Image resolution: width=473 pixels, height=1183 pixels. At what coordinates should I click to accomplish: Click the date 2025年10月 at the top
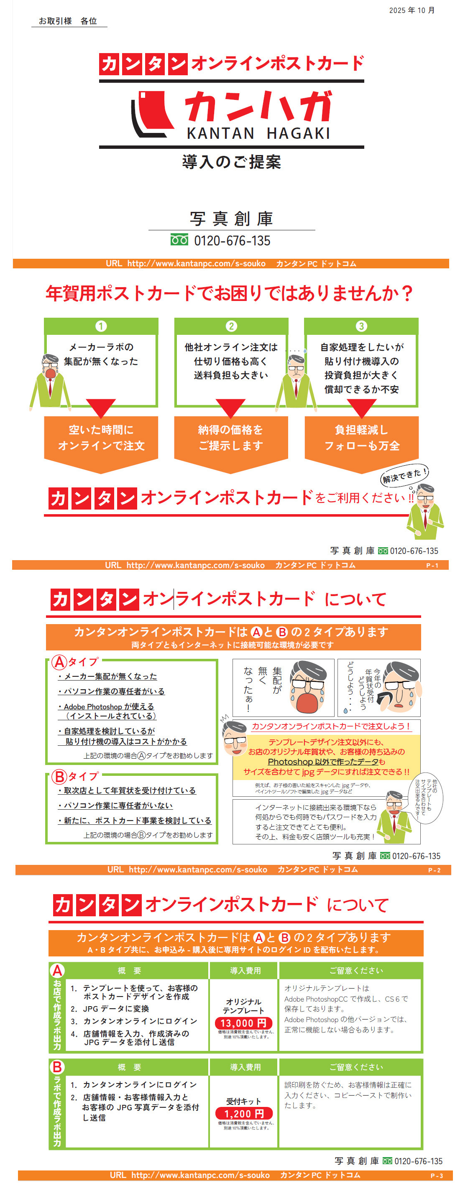[x=412, y=10]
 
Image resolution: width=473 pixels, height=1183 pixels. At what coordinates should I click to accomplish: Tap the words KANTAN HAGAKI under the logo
[x=258, y=133]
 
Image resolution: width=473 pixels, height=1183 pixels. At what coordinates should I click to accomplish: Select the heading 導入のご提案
[x=232, y=162]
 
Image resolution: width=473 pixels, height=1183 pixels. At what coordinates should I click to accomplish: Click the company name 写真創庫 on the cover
[x=232, y=219]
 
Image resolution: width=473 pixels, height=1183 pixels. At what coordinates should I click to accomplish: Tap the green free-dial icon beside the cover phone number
[x=179, y=240]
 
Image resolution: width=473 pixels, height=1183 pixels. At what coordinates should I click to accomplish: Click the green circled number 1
[x=101, y=326]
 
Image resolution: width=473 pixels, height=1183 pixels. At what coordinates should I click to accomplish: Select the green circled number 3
[x=361, y=326]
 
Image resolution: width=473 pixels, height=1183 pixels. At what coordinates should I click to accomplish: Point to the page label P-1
[x=432, y=565]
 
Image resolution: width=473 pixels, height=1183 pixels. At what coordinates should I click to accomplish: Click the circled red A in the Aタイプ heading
[x=59, y=662]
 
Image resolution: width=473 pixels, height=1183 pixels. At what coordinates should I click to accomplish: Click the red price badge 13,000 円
[x=244, y=1023]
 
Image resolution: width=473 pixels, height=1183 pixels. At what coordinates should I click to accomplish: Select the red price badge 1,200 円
[x=244, y=1114]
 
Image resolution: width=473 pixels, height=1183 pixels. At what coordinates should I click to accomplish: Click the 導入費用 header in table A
[x=245, y=971]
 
